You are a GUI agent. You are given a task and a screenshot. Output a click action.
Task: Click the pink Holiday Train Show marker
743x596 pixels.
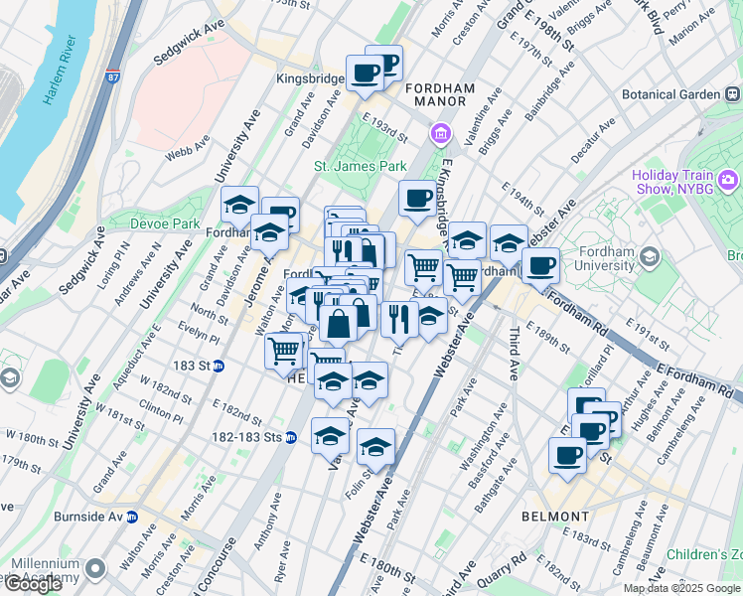click(730, 180)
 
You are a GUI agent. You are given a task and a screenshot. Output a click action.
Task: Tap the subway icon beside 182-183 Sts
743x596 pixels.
click(291, 436)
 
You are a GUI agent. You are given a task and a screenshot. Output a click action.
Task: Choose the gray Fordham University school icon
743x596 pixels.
click(650, 257)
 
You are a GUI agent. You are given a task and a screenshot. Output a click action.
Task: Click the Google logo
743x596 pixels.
click(33, 584)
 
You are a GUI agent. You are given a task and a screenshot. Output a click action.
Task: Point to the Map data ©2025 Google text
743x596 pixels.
click(681, 588)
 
